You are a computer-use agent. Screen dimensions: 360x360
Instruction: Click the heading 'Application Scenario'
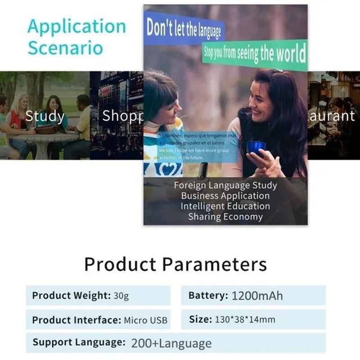76,37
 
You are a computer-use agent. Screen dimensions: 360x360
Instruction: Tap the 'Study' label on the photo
45,116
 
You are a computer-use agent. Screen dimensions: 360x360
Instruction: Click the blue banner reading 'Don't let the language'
183,28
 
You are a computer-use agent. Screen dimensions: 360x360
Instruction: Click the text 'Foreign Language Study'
225,185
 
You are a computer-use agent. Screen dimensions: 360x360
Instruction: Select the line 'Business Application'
225,196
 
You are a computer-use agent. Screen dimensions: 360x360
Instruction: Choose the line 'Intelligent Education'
225,206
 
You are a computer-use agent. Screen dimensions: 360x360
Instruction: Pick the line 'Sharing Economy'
225,217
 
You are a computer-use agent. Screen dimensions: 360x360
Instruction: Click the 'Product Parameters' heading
175,264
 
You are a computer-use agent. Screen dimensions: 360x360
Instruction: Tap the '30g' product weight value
121,296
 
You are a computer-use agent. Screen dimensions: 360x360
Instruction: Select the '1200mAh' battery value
257,296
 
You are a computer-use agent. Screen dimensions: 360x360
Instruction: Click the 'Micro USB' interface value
145,320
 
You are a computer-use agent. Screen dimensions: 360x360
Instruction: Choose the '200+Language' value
171,344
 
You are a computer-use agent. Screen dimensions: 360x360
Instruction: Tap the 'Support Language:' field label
79,342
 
